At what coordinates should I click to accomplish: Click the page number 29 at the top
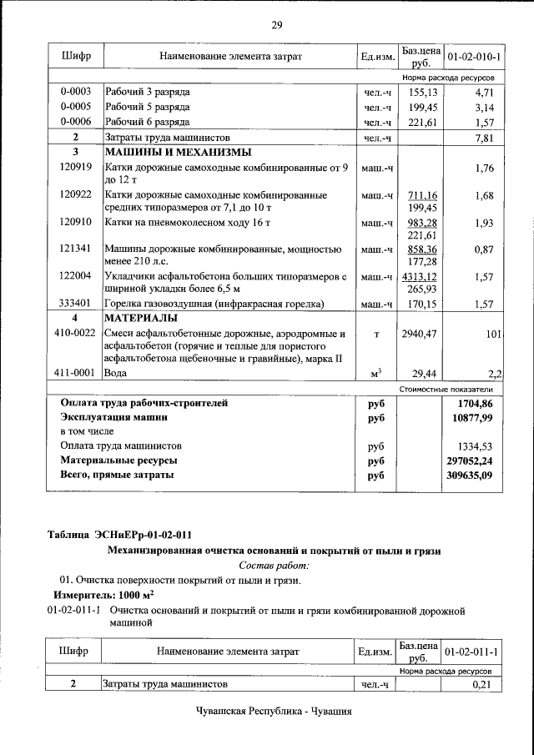[x=276, y=25]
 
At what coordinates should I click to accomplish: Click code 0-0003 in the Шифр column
[x=76, y=91]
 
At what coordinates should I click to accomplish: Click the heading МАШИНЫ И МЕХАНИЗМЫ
[x=165, y=153]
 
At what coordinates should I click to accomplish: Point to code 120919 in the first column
[x=76, y=168]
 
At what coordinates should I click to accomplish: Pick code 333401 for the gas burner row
[x=76, y=304]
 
